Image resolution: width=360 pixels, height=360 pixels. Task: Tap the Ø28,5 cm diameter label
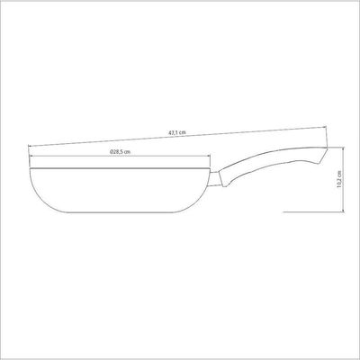120,152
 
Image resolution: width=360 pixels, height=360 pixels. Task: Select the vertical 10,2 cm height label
339,179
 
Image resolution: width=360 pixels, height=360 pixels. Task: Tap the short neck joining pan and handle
215,179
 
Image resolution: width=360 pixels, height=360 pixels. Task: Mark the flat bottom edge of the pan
120,212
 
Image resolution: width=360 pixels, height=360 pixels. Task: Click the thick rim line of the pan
120,168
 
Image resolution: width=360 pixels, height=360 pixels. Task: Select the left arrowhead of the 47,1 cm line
30,146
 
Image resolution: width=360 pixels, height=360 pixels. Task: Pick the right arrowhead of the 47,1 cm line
324,128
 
